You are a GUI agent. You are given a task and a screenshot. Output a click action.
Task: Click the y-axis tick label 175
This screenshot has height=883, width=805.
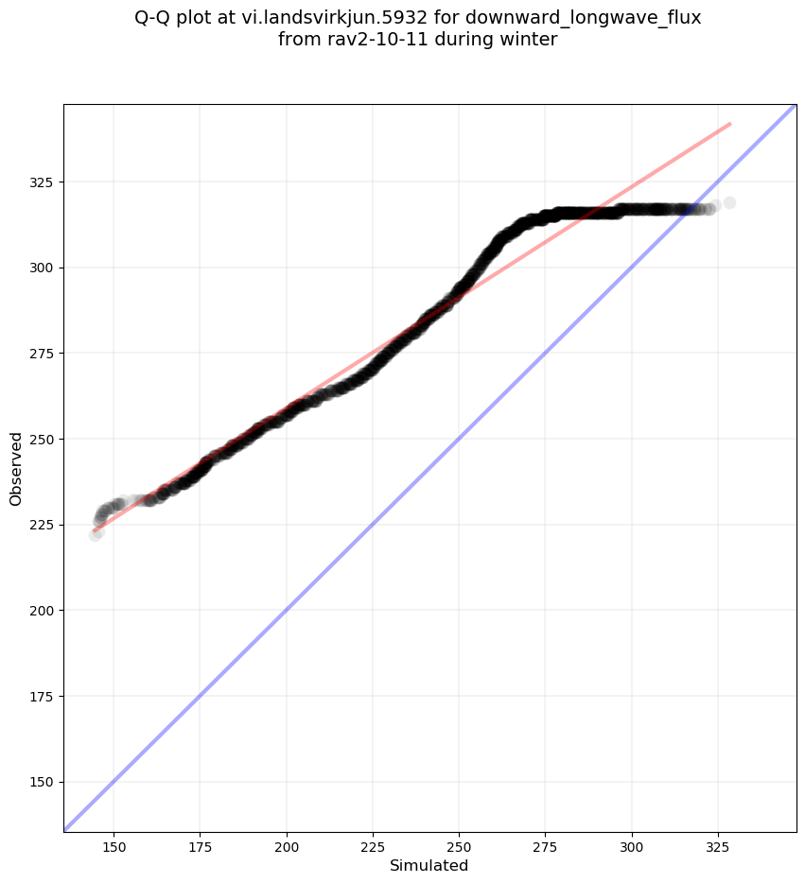click(42, 697)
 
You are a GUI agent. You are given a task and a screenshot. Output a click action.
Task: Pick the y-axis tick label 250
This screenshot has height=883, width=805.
click(42, 440)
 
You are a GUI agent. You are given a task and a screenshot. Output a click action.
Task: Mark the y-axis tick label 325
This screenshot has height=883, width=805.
click(42, 182)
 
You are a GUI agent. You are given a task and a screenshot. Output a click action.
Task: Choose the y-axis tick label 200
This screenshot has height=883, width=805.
click(42, 611)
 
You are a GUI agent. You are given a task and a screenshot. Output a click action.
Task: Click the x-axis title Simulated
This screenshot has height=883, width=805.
click(429, 865)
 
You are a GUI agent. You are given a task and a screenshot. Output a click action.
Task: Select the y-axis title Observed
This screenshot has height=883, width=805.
click(16, 468)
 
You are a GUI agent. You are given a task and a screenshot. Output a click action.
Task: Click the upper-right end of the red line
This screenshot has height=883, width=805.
click(730, 123)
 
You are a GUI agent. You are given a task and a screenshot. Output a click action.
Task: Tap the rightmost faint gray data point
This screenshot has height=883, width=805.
click(729, 203)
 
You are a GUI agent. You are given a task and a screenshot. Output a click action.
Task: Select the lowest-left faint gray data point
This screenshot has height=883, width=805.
click(95, 535)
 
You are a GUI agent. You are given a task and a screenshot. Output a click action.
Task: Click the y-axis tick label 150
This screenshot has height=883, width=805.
click(42, 782)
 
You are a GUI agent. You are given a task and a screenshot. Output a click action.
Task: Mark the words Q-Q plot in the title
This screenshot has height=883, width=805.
click(178, 17)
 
